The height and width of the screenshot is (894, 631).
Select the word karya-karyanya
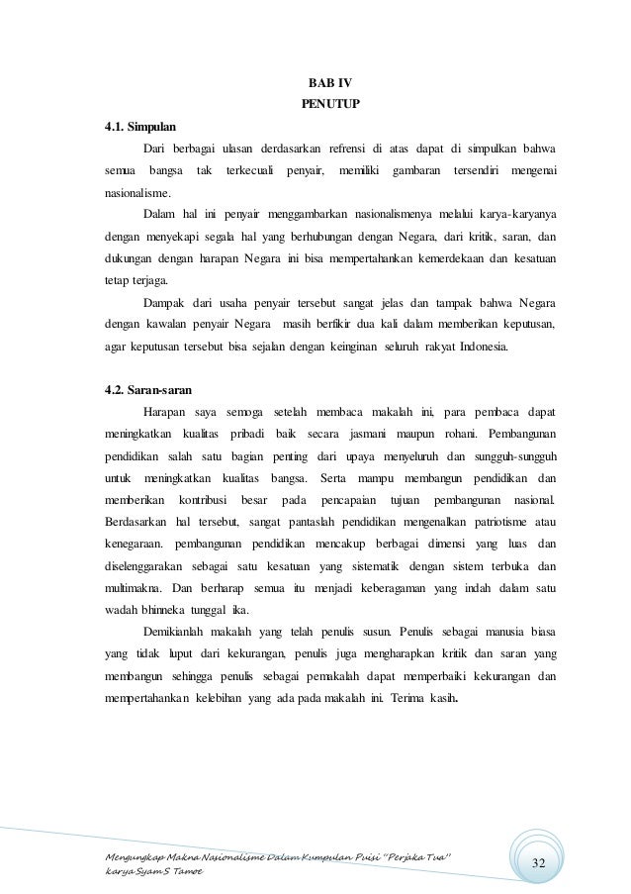517,214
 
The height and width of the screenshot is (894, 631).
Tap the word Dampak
164,301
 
